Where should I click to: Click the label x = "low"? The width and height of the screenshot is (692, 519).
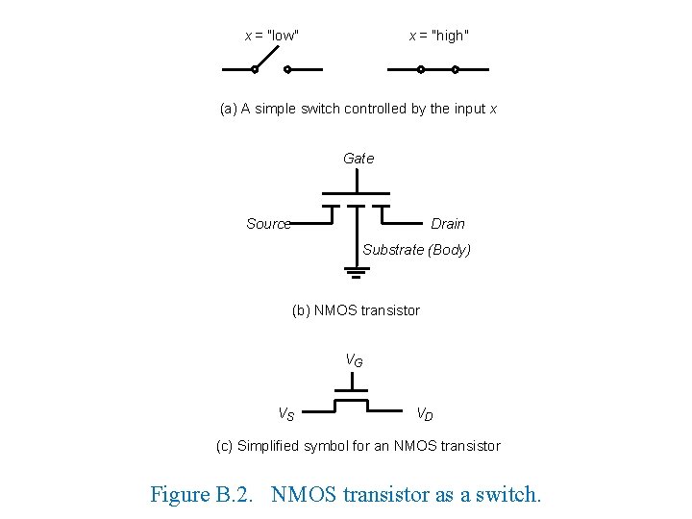click(272, 36)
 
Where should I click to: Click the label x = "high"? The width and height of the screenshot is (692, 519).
click(439, 36)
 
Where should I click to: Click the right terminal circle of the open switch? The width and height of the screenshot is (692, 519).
click(287, 69)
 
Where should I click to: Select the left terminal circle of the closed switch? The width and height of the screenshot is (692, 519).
click(420, 69)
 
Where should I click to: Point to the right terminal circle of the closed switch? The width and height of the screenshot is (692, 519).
click(456, 69)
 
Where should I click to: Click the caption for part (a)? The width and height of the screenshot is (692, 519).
click(358, 109)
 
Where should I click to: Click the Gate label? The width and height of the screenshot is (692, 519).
click(358, 158)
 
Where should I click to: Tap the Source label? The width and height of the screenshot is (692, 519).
click(267, 224)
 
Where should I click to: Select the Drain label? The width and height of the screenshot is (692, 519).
click(447, 224)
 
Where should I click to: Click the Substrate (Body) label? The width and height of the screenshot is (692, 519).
click(416, 250)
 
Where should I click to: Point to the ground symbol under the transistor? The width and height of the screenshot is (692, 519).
click(357, 272)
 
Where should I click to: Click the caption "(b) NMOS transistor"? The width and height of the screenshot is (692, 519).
click(356, 310)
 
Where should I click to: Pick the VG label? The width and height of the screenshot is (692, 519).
click(355, 361)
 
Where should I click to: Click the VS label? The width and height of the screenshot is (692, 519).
click(286, 414)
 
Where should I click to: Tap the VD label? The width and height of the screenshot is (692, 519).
click(424, 414)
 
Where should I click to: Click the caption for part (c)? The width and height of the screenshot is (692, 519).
click(358, 446)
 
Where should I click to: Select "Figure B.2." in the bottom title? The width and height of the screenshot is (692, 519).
click(205, 495)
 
